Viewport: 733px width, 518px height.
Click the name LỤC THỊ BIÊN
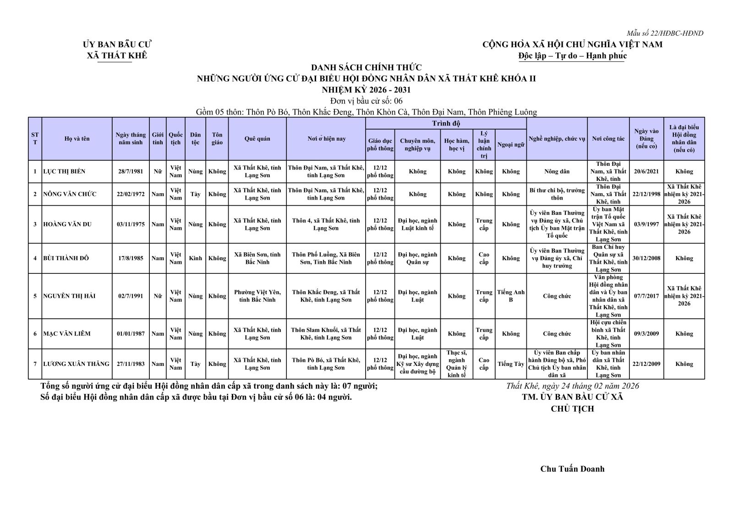pos(64,172)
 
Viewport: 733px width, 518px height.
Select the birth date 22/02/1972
pos(131,194)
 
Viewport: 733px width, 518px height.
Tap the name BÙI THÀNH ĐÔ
pos(66,258)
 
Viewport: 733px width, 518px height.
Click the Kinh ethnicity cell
pos(195,258)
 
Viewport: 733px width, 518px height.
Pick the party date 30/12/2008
pos(646,258)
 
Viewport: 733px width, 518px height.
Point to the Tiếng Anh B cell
pos(511,296)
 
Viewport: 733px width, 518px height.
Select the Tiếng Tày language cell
pos(511,364)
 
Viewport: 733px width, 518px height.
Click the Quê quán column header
pos(257,139)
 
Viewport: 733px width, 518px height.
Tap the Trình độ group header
pos(446,124)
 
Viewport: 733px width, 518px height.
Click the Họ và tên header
pos(77,139)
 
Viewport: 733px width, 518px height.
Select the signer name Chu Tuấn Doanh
pos(572,469)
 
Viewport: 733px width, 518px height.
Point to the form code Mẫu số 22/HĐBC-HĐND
pos(665,33)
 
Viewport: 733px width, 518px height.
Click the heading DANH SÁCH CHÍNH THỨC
pos(366,68)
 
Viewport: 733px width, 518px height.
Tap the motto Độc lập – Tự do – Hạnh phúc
pos(572,56)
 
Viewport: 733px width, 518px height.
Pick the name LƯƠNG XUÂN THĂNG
pos(77,364)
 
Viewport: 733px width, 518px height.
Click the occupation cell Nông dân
pos(557,172)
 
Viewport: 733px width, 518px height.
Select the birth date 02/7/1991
pos(131,296)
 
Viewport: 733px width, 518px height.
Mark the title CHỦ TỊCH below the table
pos(572,409)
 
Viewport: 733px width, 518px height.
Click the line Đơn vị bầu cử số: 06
pos(366,101)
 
